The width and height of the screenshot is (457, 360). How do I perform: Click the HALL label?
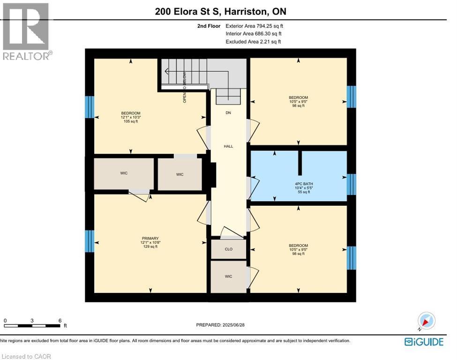pos(228,146)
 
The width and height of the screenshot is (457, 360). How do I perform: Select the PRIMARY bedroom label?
pos(150,238)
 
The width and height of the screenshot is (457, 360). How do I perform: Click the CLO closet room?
pos(228,249)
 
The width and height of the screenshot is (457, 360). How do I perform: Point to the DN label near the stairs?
pos(228,113)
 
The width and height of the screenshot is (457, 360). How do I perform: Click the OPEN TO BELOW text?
pos(185,87)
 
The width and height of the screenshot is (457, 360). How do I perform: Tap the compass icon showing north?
pos(427,322)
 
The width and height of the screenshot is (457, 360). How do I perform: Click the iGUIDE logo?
pos(424,342)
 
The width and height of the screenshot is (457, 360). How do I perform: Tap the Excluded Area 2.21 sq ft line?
pos(253,42)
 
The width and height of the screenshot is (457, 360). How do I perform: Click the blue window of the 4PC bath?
pos(351,184)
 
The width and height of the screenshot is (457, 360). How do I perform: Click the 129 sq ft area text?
pos(150,247)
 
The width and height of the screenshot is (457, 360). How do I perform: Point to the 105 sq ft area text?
pos(131,121)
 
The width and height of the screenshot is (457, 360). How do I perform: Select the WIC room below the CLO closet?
pos(228,277)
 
